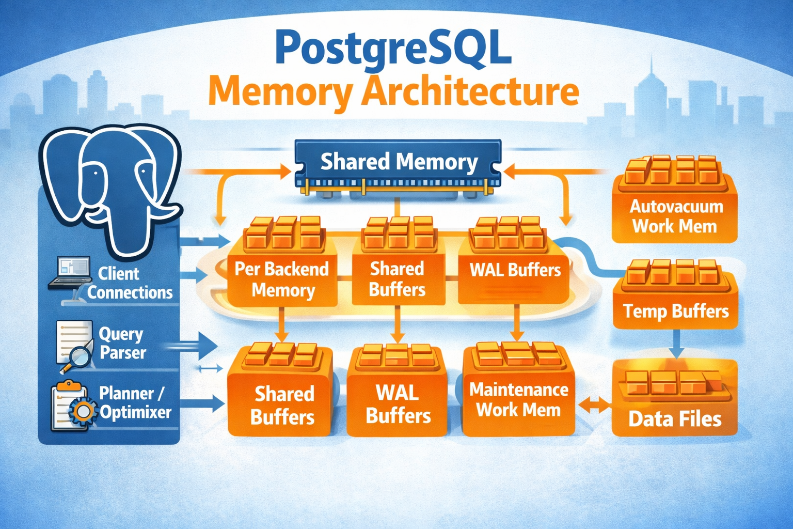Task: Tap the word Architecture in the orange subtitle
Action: pyautogui.click(x=470, y=91)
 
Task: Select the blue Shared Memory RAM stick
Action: pyautogui.click(x=398, y=164)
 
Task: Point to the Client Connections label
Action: pyautogui.click(x=129, y=283)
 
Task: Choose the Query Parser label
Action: pyautogui.click(x=122, y=343)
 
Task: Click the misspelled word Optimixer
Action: pyautogui.click(x=136, y=412)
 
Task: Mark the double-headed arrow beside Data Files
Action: pyautogui.click(x=594, y=405)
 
